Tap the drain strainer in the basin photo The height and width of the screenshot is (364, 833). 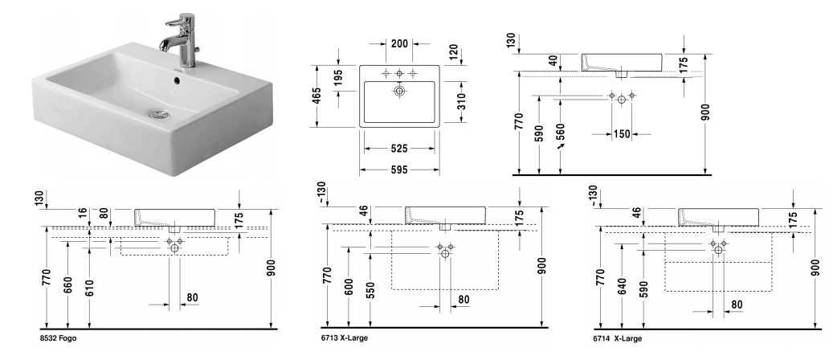tap(160, 113)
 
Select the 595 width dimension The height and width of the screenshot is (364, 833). tap(399, 170)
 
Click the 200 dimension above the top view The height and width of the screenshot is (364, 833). tap(399, 43)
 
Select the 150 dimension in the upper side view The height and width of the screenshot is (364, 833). tap(622, 135)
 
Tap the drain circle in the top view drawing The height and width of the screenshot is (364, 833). tap(399, 92)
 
